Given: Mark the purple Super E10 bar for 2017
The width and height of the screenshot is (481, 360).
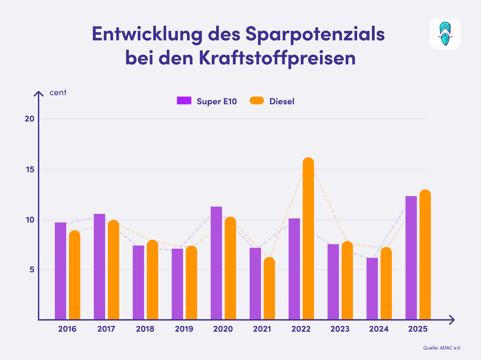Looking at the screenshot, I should pos(100,267).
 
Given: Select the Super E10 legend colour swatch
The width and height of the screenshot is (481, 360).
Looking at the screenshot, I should pos(185,100).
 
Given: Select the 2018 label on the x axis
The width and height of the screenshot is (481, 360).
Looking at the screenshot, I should pos(145,329).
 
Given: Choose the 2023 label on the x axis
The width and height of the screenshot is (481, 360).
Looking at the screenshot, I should pos(340,329).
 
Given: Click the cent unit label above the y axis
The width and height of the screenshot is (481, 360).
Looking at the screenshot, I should pos(58,92).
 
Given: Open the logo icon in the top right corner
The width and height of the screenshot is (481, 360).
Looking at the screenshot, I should pos(445,34).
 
